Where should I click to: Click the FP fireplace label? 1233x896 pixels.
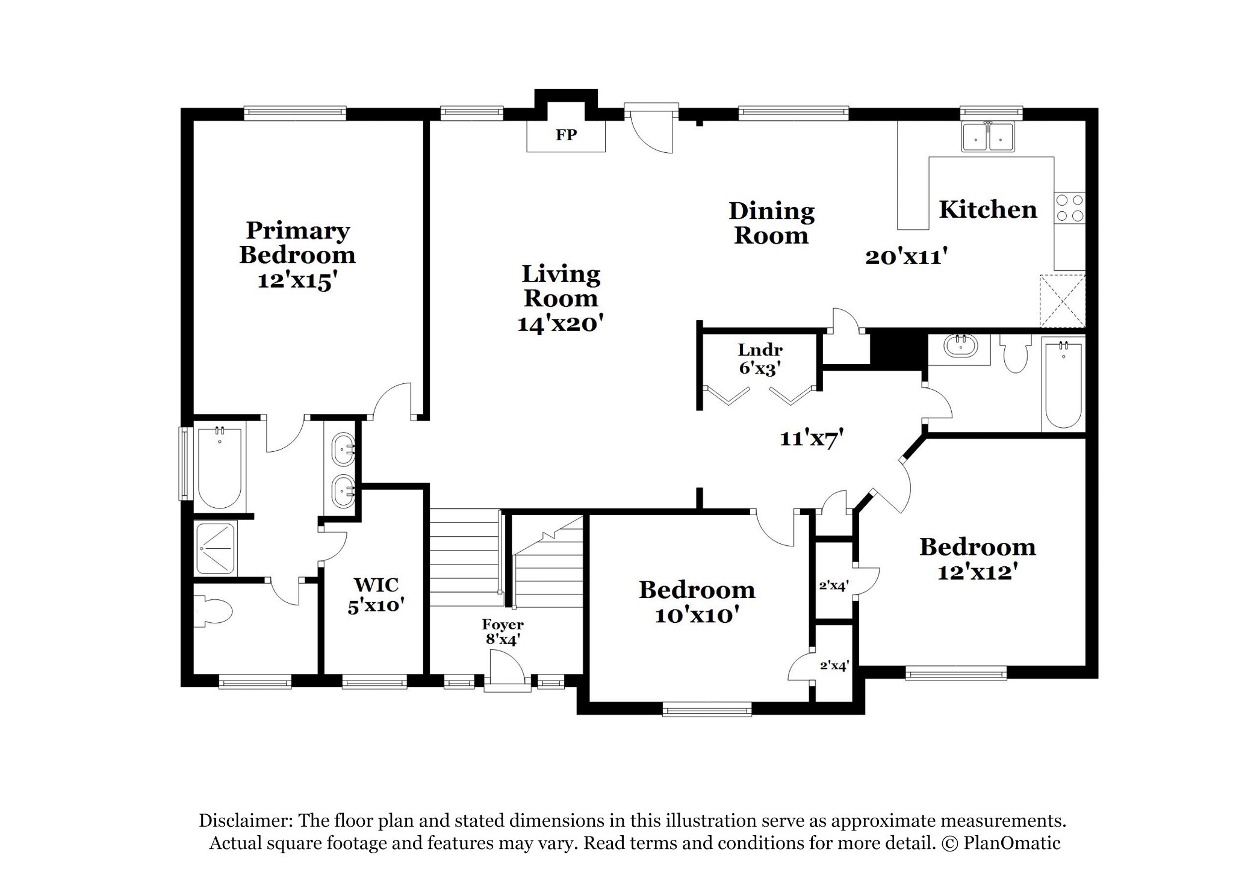point(566,135)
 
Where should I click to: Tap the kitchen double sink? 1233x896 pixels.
point(988,136)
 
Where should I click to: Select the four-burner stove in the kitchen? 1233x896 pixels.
point(1069,208)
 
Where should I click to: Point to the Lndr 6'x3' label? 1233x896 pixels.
point(760,359)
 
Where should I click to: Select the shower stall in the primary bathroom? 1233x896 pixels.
point(215,548)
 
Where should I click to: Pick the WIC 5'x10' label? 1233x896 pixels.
point(376,595)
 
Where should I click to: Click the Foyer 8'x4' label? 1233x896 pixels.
point(503,632)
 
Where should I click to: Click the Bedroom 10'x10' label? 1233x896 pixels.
point(697,602)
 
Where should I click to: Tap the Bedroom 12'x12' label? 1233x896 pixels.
point(978,558)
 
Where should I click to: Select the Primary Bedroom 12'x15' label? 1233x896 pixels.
point(297,255)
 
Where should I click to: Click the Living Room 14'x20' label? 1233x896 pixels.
point(561,298)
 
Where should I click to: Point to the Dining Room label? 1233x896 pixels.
point(771,223)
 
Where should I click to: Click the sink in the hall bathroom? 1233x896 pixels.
point(960,347)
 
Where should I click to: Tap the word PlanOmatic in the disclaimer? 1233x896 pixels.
point(1012,843)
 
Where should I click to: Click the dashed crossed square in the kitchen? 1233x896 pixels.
point(1063,301)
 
